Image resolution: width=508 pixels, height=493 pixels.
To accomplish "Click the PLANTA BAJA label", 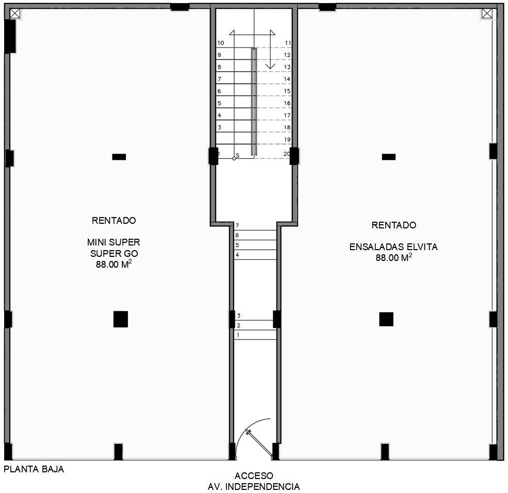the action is click(34, 469).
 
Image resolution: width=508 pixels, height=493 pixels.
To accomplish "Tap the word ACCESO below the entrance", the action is click(254, 476).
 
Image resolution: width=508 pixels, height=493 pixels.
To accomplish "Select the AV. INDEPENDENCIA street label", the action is click(253, 486).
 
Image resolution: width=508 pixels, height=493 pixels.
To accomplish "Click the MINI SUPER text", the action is click(114, 242).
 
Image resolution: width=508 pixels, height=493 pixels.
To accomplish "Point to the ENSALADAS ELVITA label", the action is click(393, 247).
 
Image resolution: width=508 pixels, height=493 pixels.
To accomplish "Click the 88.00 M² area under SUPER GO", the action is click(114, 264).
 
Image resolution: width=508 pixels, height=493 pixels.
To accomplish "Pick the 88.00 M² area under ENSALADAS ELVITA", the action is click(393, 257).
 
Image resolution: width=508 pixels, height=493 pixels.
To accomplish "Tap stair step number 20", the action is click(287, 153).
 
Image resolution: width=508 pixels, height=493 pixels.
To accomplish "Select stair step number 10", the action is click(220, 43).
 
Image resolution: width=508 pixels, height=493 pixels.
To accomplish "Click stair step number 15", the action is click(287, 91).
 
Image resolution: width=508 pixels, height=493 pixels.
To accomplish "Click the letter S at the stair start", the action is click(237, 156).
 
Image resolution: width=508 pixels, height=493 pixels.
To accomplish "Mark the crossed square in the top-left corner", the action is click(15, 13).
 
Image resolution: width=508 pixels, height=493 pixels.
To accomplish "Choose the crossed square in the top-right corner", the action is click(487, 13).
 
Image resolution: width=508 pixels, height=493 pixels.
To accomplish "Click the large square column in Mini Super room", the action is click(120, 319).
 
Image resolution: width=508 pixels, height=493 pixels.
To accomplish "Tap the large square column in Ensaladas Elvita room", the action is click(386, 319).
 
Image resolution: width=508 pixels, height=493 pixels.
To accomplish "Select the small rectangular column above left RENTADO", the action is click(119, 157).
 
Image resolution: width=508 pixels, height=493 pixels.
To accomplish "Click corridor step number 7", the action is click(237, 225).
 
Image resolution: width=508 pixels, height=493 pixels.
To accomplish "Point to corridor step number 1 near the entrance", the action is click(238, 335).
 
